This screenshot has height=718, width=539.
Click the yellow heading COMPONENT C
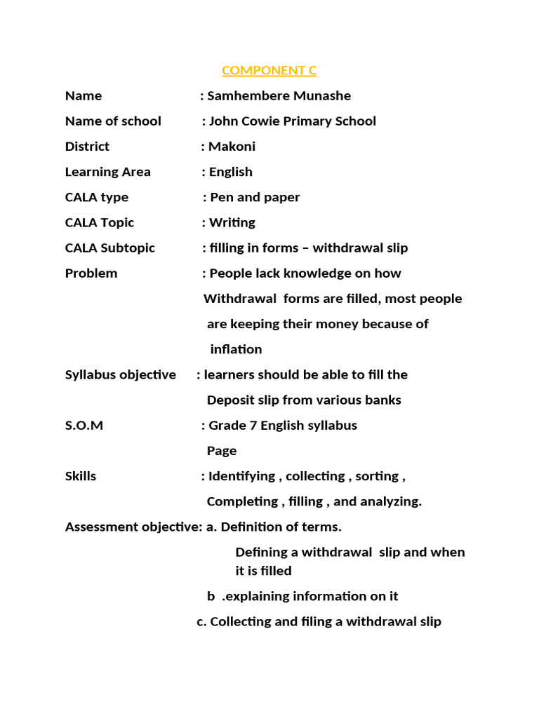269,70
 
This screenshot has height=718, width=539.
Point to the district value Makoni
232,147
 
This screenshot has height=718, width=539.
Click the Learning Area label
107,172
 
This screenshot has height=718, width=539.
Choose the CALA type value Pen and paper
255,197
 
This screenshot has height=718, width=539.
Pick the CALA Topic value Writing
232,222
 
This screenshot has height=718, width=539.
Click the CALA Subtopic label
109,248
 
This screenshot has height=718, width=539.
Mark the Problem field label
91,273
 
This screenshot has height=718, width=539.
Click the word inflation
236,349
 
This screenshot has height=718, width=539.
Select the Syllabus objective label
120,374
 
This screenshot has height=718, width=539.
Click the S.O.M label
84,425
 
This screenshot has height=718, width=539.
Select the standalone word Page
221,450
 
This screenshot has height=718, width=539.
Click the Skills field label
81,475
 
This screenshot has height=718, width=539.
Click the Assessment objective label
133,527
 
